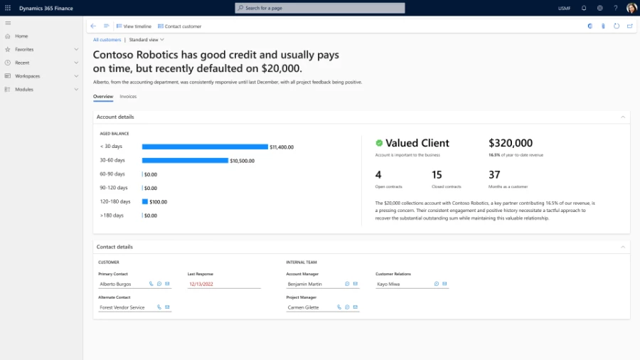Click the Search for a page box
coord(320,8)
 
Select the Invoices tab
coord(128,96)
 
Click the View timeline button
coord(134,26)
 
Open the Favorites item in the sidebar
coord(24,49)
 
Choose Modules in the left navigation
coord(24,90)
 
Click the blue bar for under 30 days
coord(205,147)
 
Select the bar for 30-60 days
coord(185,160)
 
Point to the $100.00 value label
coord(158,201)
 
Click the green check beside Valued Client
coord(379,143)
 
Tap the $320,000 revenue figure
coord(510,143)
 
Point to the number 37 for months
coord(494,174)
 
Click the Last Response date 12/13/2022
coord(201,284)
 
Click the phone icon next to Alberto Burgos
coord(151,284)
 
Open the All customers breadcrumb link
coord(107,40)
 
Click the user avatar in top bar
coord(631,8)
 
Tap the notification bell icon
coord(584,8)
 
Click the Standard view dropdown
coord(146,40)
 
